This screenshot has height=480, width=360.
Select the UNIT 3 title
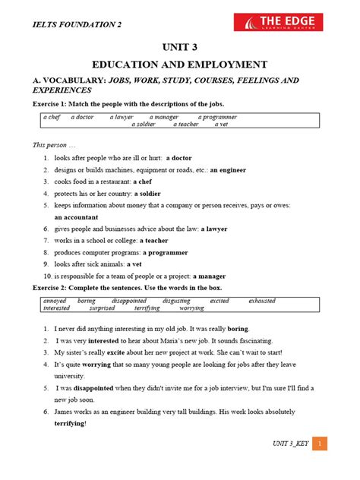tap(180, 48)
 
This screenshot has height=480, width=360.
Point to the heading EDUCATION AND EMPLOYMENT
tap(180, 65)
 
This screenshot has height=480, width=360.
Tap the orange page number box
tap(321, 444)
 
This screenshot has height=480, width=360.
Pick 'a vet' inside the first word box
tap(221, 125)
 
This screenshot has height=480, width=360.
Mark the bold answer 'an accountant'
tap(76, 216)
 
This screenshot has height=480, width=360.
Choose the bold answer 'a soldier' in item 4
tap(153, 194)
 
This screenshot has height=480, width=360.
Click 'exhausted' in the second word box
tap(262, 301)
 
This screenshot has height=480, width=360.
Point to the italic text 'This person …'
tap(54, 144)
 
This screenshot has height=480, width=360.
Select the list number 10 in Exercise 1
tap(47, 276)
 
